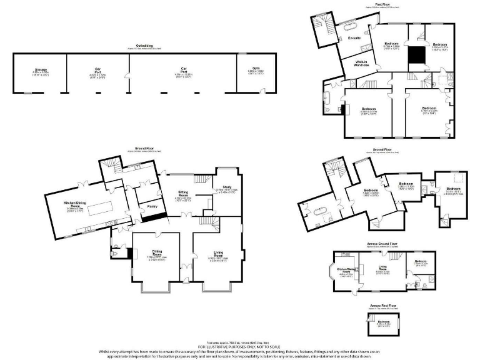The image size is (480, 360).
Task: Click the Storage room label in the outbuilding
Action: coord(41,70)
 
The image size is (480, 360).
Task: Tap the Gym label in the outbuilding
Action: coord(256,70)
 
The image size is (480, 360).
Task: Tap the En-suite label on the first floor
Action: coord(354,38)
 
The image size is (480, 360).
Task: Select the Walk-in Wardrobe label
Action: coord(362,63)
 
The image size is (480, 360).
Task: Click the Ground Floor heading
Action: coord(144,148)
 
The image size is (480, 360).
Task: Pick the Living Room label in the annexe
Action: coord(382,270)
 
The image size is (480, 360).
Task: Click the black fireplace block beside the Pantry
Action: coord(153,217)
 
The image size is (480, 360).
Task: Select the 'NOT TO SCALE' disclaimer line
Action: coord(240,346)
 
